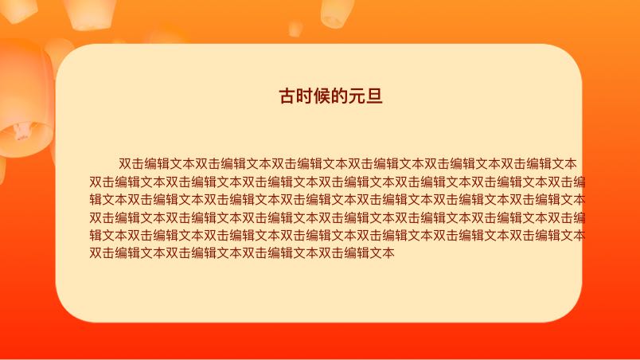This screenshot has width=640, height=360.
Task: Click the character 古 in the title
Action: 287,96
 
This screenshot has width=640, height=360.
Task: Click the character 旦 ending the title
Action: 375,96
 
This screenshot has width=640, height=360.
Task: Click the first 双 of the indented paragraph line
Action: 125,164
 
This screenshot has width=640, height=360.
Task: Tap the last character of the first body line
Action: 571,164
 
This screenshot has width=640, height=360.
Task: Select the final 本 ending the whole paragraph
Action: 388,253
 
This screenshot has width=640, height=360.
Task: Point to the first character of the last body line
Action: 96,253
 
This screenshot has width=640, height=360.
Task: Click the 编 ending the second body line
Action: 580,182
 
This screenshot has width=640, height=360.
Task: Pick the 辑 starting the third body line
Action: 96,200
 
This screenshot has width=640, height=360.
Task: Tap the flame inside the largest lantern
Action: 21,131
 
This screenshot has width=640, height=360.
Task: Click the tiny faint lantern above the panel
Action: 295,29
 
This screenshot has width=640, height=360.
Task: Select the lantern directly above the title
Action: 337,13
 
